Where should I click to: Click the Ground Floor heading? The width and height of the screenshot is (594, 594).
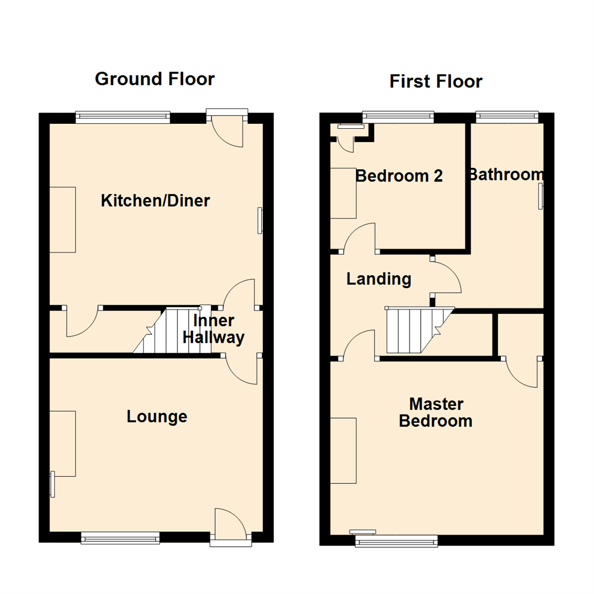pyautogui.click(x=155, y=79)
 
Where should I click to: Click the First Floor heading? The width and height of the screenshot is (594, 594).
pyautogui.click(x=436, y=81)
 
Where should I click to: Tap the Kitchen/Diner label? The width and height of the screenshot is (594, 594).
pyautogui.click(x=155, y=201)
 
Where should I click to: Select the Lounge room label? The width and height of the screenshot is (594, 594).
pyautogui.click(x=157, y=416)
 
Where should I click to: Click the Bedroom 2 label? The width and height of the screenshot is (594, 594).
pyautogui.click(x=399, y=176)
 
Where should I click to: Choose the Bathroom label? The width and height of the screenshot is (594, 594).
pyautogui.click(x=505, y=174)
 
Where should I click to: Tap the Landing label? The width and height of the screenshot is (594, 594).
pyautogui.click(x=378, y=279)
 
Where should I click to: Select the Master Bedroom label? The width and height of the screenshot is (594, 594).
pyautogui.click(x=436, y=413)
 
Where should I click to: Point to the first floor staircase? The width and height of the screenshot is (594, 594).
pyautogui.click(x=416, y=330)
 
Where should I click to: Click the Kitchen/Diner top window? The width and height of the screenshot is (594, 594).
pyautogui.click(x=123, y=116)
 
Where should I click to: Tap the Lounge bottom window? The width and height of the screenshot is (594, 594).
pyautogui.click(x=120, y=537)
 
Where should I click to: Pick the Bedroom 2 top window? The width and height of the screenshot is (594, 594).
pyautogui.click(x=398, y=116)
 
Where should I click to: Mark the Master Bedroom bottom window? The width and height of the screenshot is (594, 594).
pyautogui.click(x=396, y=541)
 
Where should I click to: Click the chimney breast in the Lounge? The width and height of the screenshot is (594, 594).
pyautogui.click(x=62, y=443)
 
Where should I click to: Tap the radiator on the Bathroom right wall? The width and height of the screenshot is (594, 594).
pyautogui.click(x=541, y=196)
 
